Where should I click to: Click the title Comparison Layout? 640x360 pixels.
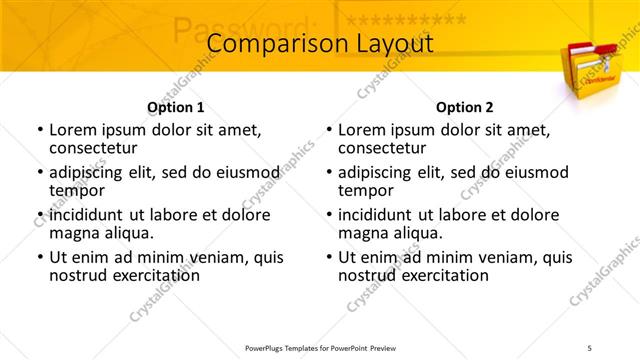point(319,45)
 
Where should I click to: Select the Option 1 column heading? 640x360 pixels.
point(175,107)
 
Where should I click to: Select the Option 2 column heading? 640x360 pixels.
point(464,107)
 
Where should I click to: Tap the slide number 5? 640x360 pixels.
point(618,347)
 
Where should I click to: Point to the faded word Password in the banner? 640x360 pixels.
point(244,27)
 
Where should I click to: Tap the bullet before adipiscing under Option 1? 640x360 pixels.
point(40,172)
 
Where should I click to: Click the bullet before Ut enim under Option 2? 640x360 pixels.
point(329,257)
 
